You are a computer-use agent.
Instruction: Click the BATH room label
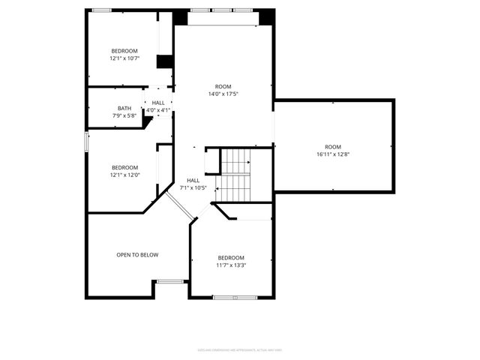click(x=124, y=108)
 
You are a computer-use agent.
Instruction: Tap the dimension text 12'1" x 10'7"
click(x=125, y=58)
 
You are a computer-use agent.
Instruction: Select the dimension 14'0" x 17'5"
click(x=223, y=94)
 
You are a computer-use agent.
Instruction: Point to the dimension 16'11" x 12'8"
click(x=333, y=154)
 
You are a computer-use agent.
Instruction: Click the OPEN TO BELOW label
click(x=137, y=255)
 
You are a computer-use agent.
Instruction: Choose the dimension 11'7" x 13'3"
click(x=231, y=265)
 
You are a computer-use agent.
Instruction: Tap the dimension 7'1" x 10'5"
click(x=193, y=187)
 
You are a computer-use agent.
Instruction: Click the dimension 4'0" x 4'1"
click(x=158, y=110)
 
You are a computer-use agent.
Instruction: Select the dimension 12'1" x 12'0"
click(x=125, y=175)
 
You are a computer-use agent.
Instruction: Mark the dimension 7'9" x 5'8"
click(x=124, y=115)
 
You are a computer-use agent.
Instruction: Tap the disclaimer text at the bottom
click(x=240, y=349)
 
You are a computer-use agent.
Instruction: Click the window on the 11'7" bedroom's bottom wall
click(x=235, y=297)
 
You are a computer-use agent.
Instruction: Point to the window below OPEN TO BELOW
click(x=171, y=281)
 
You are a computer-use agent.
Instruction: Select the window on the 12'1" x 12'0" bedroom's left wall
click(x=87, y=141)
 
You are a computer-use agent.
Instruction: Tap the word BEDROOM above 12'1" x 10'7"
click(x=125, y=50)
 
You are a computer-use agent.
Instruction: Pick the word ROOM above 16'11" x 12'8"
click(x=333, y=147)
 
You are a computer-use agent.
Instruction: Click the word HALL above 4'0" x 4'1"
click(x=158, y=103)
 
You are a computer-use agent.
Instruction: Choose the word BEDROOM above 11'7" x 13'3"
click(x=231, y=257)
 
